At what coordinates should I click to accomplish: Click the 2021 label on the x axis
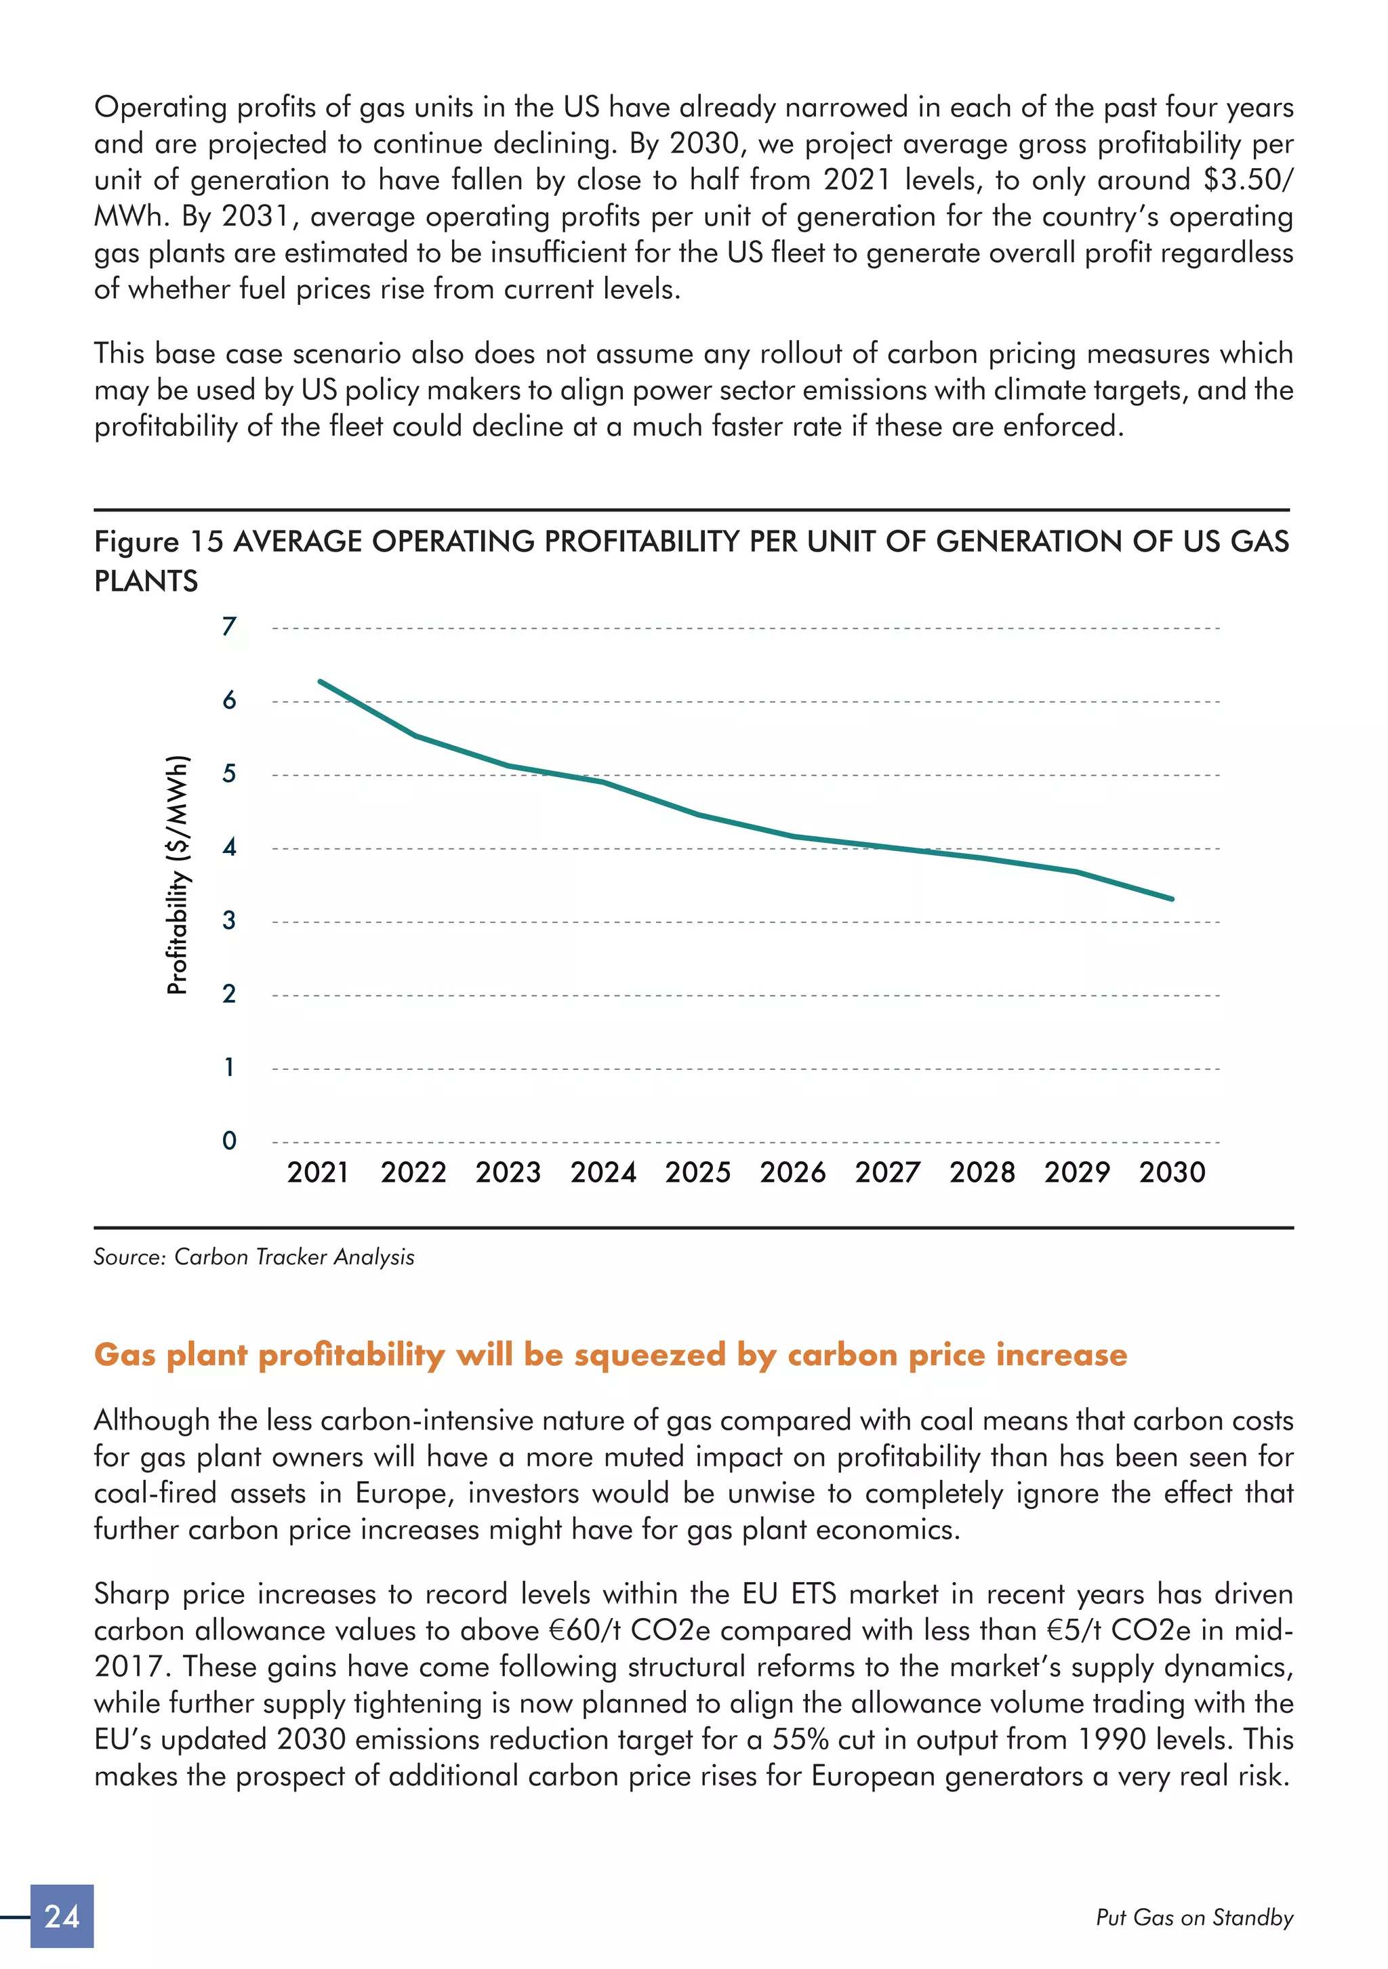pyautogui.click(x=317, y=1172)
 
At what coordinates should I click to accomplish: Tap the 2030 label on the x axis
pyautogui.click(x=1172, y=1172)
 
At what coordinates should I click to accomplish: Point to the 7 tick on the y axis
pyautogui.click(x=228, y=627)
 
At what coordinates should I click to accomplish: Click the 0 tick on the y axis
pyautogui.click(x=228, y=1140)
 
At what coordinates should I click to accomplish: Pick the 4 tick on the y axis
pyautogui.click(x=228, y=847)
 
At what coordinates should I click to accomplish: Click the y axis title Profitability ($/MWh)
pyautogui.click(x=177, y=875)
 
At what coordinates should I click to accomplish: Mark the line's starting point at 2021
pyautogui.click(x=320, y=681)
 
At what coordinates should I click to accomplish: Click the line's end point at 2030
pyautogui.click(x=1172, y=898)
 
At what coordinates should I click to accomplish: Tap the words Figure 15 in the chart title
pyautogui.click(x=159, y=542)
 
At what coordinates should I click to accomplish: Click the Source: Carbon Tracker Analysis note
pyautogui.click(x=254, y=1257)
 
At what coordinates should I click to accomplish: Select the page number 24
pyautogui.click(x=62, y=1916)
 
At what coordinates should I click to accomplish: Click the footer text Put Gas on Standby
pyautogui.click(x=1194, y=1918)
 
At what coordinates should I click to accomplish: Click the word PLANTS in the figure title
pyautogui.click(x=146, y=581)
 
